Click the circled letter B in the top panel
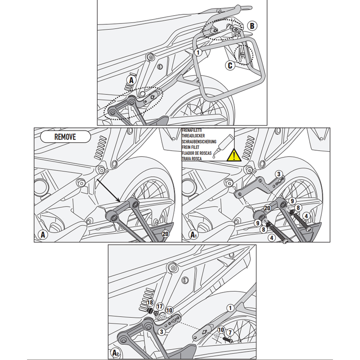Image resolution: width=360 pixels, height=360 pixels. click(252, 26)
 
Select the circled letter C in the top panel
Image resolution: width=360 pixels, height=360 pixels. click(230, 65)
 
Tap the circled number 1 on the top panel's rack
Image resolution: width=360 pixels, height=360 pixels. click(198, 53)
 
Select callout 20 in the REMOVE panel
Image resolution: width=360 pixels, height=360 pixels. click(165, 234)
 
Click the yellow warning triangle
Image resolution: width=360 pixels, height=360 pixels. click(233, 156)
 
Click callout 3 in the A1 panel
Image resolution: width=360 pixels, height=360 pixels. click(279, 174)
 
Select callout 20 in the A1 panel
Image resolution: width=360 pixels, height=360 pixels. click(267, 207)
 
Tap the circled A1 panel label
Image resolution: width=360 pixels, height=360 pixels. click(193, 234)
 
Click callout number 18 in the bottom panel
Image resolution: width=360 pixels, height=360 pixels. click(150, 302)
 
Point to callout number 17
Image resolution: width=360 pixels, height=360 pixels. click(160, 306)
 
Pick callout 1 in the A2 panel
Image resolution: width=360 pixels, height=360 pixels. click(230, 308)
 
